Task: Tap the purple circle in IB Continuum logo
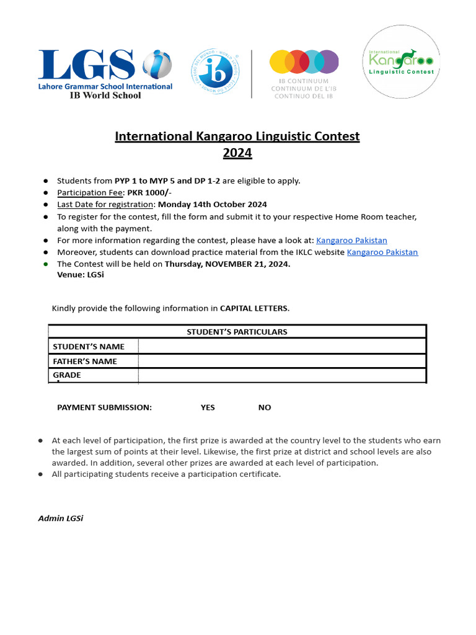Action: (328, 62)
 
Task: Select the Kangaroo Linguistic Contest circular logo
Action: (401, 62)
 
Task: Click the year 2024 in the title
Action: (237, 153)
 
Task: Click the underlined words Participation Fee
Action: (90, 192)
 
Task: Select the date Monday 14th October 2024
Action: (213, 204)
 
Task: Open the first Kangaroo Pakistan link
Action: (351, 240)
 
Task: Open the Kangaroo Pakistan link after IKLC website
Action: (382, 252)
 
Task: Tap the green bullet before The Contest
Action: (45, 264)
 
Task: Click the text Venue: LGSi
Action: (81, 275)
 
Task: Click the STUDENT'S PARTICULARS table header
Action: (237, 332)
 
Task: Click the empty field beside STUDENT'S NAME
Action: (282, 346)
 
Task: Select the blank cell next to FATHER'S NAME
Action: (282, 361)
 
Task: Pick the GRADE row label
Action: (67, 375)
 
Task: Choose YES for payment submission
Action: (208, 407)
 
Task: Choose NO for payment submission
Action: (265, 407)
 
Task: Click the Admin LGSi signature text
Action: (61, 518)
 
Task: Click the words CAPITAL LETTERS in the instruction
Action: (254, 308)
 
